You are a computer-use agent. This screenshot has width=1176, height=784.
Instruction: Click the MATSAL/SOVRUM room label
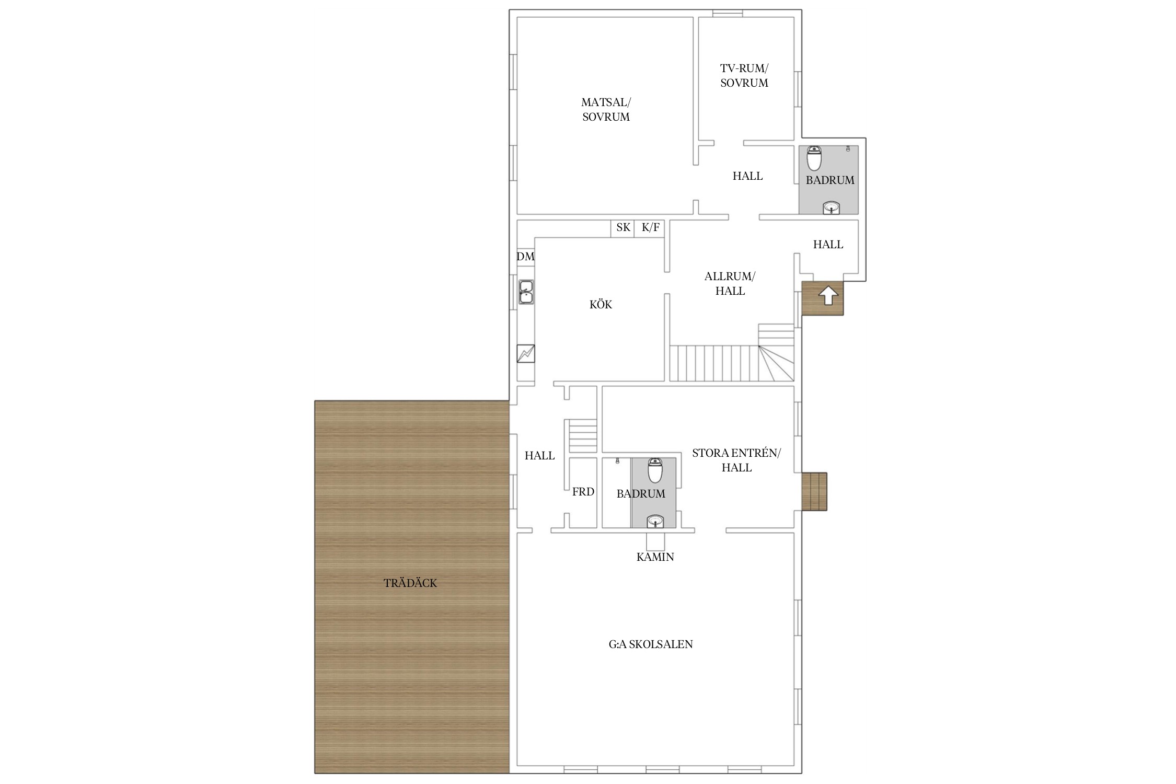[606, 110]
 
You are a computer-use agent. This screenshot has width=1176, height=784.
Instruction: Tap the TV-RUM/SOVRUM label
[744, 76]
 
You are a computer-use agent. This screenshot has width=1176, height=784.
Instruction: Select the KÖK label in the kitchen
[601, 304]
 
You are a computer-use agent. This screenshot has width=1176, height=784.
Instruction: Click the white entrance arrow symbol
[828, 296]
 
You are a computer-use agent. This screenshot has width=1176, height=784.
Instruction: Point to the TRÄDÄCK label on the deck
[410, 583]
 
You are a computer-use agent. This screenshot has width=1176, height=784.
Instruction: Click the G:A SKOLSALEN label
[651, 644]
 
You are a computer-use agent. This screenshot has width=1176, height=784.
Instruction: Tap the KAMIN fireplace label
[655, 557]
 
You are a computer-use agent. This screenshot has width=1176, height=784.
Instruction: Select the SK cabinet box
[622, 228]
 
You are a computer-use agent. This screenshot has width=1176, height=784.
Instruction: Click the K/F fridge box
[650, 228]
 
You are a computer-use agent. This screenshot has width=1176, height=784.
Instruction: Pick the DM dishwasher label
[525, 256]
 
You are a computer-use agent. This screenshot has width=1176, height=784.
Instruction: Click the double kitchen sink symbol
[526, 292]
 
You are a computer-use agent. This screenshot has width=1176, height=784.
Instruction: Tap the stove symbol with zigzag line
[526, 354]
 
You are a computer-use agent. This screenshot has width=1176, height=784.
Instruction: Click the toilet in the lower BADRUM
[655, 470]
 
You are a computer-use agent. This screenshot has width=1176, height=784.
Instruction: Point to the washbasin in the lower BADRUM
[655, 521]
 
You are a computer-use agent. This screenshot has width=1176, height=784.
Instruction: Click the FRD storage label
[583, 491]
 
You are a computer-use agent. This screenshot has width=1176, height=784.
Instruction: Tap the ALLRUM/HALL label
[730, 283]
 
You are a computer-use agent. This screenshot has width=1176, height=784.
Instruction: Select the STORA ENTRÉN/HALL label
[736, 460]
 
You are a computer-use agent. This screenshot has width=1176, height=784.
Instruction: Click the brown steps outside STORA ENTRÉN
[814, 491]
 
